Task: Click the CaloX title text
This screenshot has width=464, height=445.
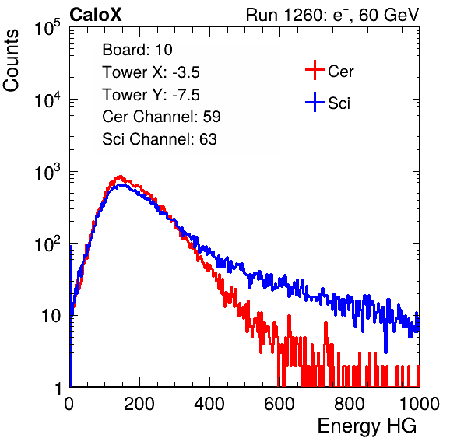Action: (96, 15)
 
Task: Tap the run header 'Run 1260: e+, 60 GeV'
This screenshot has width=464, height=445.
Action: (332, 15)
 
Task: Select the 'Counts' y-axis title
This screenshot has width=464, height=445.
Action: (11, 61)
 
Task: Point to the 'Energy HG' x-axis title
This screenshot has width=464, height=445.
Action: (367, 426)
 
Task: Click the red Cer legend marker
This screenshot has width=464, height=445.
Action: (315, 70)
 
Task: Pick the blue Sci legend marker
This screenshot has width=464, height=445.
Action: (315, 103)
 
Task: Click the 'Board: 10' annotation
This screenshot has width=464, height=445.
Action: (137, 50)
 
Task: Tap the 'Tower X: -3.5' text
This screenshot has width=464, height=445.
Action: (151, 72)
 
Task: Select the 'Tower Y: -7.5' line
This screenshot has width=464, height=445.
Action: (151, 95)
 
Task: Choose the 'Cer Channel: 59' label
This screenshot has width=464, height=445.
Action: (162, 117)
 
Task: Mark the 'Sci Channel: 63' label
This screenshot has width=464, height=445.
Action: (160, 139)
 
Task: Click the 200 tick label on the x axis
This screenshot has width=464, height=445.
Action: (139, 404)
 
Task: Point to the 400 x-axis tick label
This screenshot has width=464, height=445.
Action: (209, 404)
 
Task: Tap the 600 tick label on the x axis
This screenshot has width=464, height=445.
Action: (279, 404)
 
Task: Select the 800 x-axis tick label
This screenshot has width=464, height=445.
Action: (350, 404)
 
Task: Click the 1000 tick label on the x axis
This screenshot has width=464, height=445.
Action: (419, 404)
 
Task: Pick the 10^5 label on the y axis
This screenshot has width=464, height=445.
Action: (47, 28)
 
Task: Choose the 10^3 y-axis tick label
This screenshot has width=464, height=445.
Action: (47, 173)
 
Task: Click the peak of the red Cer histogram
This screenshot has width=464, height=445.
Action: (120, 177)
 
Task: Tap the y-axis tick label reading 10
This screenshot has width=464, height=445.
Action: (51, 317)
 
